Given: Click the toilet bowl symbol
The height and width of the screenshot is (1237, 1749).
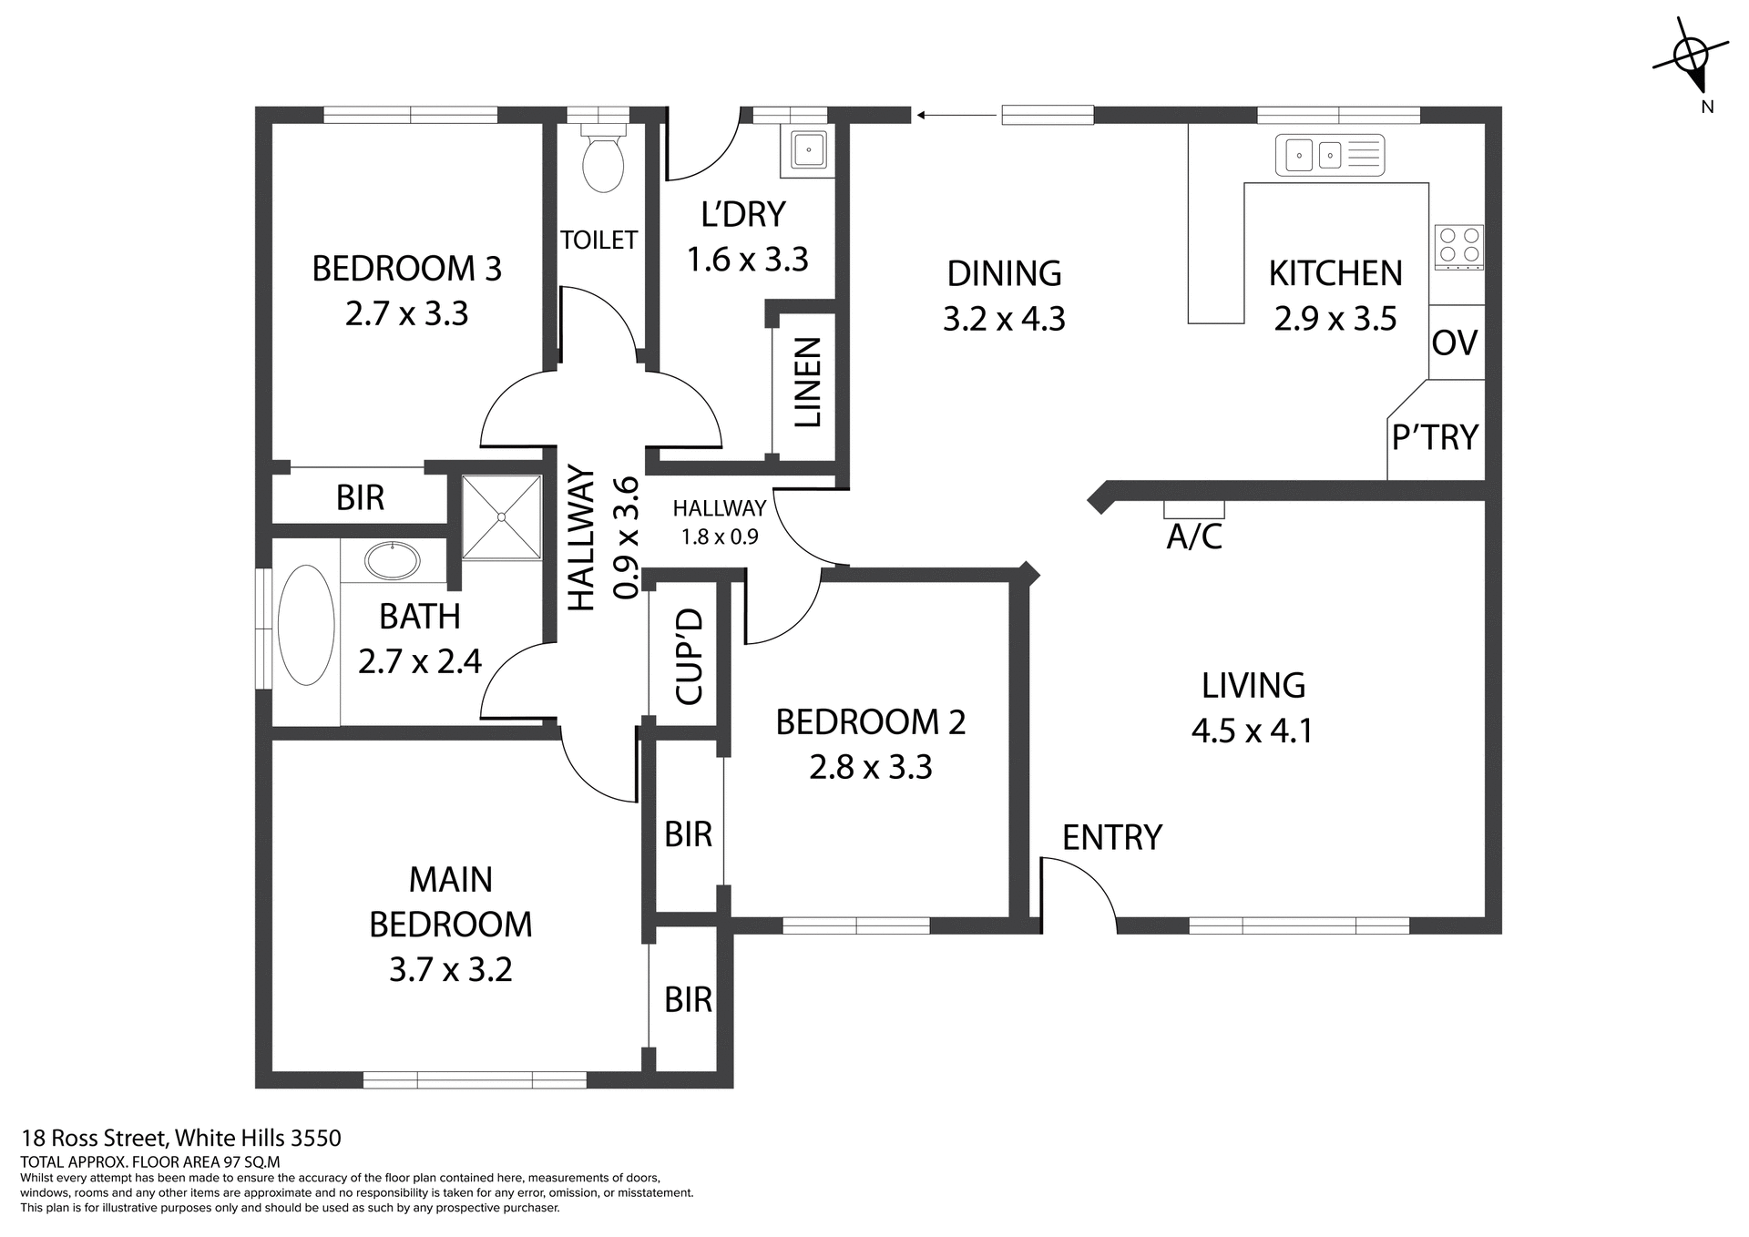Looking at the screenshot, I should click(602, 163).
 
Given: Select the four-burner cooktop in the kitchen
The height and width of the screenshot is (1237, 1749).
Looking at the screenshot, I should click(1458, 247).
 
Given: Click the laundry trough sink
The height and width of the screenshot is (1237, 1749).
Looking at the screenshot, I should click(807, 149).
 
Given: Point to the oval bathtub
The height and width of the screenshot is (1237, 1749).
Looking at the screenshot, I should click(306, 625).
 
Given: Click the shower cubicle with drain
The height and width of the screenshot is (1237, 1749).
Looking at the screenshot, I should click(501, 516).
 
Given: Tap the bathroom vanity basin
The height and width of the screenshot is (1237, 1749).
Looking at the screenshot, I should click(392, 560).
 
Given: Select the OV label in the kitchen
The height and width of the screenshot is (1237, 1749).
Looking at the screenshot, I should click(1455, 343).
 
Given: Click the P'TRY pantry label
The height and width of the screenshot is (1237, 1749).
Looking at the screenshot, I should click(1435, 438).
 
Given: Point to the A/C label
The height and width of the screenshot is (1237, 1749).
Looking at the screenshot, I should click(1193, 537).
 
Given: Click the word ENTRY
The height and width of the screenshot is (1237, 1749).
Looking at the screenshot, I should click(1111, 837).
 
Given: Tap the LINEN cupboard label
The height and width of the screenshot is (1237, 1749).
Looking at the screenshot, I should click(808, 383).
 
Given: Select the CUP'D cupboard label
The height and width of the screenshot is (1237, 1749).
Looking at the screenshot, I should click(690, 657).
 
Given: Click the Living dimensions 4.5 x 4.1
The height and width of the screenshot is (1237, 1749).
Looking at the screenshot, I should click(1252, 731).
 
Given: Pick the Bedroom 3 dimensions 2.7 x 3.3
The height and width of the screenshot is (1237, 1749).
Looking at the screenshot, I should click(406, 313).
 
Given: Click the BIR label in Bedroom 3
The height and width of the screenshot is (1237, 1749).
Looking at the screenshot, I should click(360, 498).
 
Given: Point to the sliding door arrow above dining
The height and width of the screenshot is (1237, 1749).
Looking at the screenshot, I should click(956, 116).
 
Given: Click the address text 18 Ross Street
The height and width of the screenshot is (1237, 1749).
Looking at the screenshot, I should click(181, 1138).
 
